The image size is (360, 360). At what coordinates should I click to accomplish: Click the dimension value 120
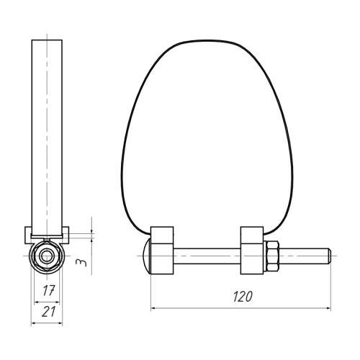click(x=243, y=297)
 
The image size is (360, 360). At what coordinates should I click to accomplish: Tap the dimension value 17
click(x=49, y=290)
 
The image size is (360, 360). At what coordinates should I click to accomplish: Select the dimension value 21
click(x=48, y=312)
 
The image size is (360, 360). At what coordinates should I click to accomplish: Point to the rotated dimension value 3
click(x=81, y=262)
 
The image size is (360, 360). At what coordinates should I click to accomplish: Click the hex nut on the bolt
click(x=273, y=256)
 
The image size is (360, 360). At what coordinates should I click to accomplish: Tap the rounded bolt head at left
click(x=147, y=256)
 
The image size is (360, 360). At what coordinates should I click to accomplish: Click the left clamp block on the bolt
click(x=162, y=251)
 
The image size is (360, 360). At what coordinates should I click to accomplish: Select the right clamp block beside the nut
click(x=252, y=251)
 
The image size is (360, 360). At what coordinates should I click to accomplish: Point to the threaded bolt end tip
click(x=330, y=256)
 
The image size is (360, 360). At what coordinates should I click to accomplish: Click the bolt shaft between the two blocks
click(x=207, y=256)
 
